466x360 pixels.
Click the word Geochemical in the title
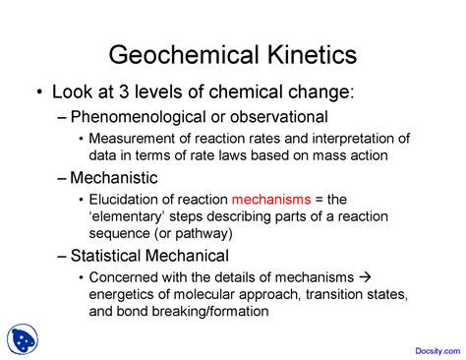click(184, 54)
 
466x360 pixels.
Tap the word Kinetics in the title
click(312, 54)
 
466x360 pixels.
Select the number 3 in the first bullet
click(124, 91)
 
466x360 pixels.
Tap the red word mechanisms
click(271, 200)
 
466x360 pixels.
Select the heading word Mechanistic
click(114, 178)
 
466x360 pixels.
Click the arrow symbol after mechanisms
click(365, 277)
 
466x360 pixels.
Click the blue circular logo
click(23, 339)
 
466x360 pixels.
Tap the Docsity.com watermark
click(437, 351)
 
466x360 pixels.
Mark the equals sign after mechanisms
click(319, 200)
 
